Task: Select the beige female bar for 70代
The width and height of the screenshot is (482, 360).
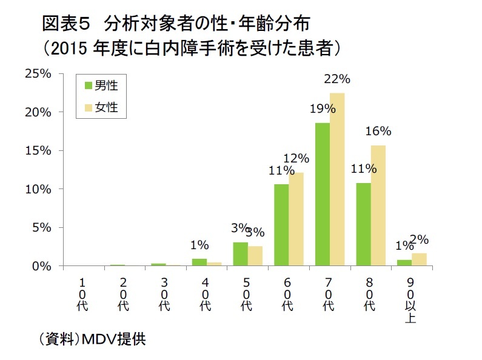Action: point(337,179)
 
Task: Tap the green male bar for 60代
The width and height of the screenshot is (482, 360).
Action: point(281,225)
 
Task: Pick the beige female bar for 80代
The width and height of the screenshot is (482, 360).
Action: point(378,205)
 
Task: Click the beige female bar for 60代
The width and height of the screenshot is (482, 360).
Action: point(296,219)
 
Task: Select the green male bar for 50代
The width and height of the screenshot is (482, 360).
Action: point(240,254)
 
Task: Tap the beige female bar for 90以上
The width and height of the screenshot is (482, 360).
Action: point(419,259)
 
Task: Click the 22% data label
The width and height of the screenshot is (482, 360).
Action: point(338,79)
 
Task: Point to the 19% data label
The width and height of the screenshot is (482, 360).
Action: point(323,109)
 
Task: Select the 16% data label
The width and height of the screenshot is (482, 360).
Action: point(378,132)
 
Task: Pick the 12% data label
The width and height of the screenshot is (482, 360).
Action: point(296,159)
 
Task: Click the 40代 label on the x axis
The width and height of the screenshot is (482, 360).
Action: point(206,295)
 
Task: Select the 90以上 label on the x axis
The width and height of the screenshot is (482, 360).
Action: point(410,301)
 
